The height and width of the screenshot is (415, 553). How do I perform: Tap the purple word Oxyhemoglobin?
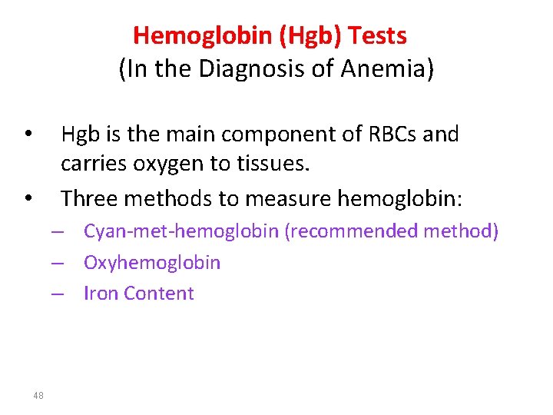coord(152,262)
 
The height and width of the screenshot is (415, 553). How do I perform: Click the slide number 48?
coord(39,395)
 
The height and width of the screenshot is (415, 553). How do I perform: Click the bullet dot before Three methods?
coord(27,199)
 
